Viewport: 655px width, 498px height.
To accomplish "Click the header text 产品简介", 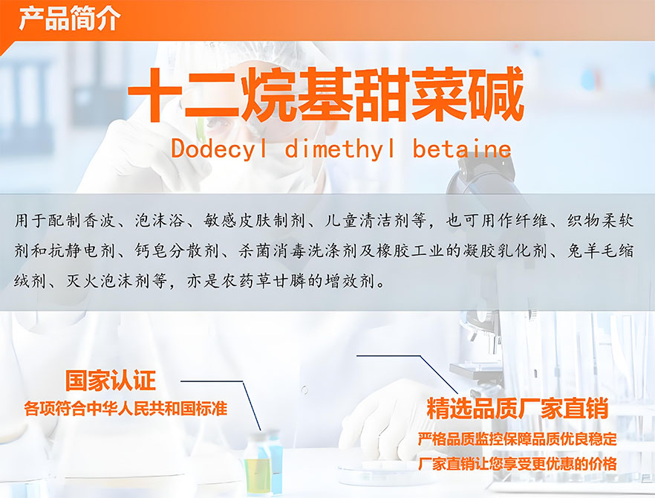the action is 70,18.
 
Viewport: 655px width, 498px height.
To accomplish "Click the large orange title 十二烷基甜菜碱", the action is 326,95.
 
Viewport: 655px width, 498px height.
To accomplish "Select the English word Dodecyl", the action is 218,149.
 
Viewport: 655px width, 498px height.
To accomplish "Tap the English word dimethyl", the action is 339,149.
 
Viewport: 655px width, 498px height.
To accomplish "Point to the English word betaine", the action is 462,149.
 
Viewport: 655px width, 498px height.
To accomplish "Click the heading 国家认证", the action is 110,381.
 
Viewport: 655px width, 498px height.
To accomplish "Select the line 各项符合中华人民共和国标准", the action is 126,409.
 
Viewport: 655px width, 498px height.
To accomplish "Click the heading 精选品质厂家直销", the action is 517,409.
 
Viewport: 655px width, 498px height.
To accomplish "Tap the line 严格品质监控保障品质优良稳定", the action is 517,439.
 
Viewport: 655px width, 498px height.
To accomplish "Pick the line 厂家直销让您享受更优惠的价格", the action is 517,464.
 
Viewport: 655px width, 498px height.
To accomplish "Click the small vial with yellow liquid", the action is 258,465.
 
